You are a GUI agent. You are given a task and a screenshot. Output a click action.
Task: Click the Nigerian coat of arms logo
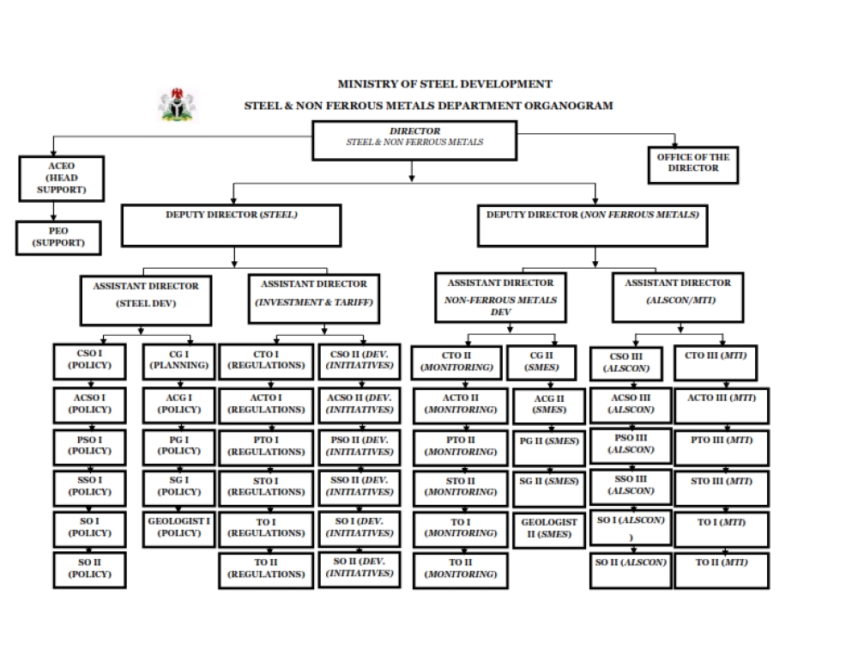177,105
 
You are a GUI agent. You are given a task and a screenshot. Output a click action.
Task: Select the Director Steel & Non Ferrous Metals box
414,141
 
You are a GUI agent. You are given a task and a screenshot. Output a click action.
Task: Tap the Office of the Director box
692,165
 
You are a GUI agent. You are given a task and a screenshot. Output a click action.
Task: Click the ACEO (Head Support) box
61,179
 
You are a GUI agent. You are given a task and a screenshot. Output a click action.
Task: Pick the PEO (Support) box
58,238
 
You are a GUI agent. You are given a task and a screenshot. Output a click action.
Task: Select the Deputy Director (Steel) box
232,226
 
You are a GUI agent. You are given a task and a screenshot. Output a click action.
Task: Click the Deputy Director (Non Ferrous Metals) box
593,226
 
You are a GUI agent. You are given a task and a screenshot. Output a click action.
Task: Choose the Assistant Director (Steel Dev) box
146,301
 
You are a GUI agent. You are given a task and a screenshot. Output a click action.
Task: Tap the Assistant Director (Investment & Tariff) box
313,299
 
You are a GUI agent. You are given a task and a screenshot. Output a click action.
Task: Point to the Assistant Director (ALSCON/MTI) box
678,297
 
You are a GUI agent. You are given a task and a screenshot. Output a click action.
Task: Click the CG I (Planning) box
179,362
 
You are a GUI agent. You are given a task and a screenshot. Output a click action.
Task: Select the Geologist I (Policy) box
179,529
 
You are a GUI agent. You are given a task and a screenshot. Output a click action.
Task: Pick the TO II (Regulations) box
266,570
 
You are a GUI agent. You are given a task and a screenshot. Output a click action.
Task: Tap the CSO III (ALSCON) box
626,363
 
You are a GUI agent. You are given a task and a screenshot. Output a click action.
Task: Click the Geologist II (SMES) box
549,530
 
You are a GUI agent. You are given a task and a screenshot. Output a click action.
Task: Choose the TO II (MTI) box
722,570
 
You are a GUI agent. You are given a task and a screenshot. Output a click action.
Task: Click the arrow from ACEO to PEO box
53,211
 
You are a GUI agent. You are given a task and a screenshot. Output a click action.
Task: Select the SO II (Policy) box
90,570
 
